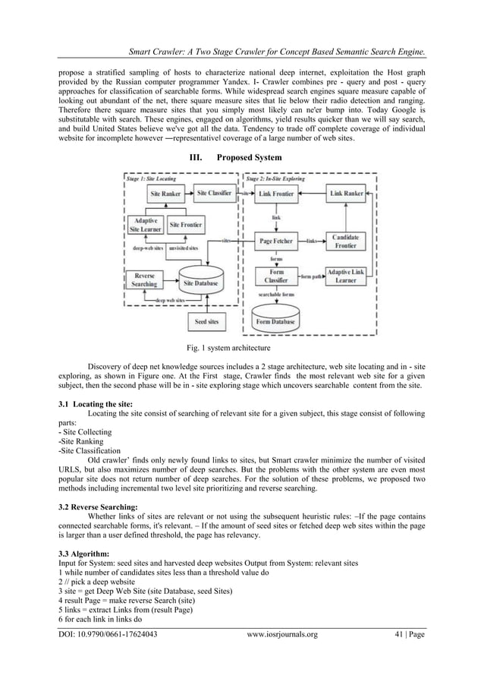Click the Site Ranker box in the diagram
pos(165,194)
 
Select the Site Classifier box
pos(214,194)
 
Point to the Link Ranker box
pos(347,194)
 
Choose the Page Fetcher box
pos(277,241)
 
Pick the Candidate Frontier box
pos(347,241)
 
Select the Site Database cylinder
pos(201,280)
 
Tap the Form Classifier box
pos(277,276)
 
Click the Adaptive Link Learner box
pos(347,276)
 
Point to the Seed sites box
pos(206,322)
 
